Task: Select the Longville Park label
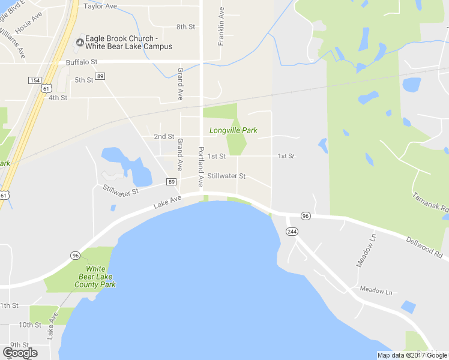[x=233, y=130]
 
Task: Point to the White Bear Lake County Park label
[x=94, y=277]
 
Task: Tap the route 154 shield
[x=34, y=80]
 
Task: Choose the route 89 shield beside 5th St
[x=100, y=76]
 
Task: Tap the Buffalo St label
[x=82, y=62]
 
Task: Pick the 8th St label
[x=185, y=27]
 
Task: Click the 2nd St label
[x=164, y=136]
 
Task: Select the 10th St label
[x=29, y=325]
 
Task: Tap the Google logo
[x=20, y=353]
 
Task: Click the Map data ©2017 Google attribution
[x=411, y=355]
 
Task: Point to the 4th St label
[x=58, y=97]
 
